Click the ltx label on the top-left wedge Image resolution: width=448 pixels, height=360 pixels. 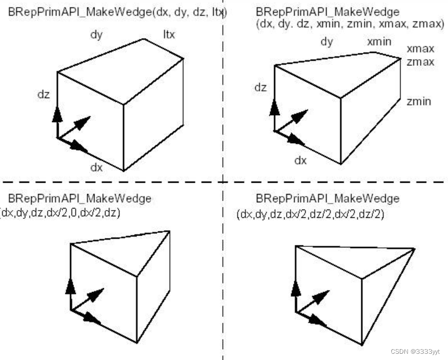169,35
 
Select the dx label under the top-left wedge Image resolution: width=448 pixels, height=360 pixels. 97,168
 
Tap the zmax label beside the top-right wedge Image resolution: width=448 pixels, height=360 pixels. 420,62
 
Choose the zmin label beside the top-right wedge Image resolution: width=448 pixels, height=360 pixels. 418,101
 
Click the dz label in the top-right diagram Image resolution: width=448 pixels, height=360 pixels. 260,87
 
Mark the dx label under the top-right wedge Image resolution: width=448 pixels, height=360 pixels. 301,160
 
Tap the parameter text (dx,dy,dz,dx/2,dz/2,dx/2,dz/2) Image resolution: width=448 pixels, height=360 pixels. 310,214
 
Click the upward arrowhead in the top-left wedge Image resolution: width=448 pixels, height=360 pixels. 57,114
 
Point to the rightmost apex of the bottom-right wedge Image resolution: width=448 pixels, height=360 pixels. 414,250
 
